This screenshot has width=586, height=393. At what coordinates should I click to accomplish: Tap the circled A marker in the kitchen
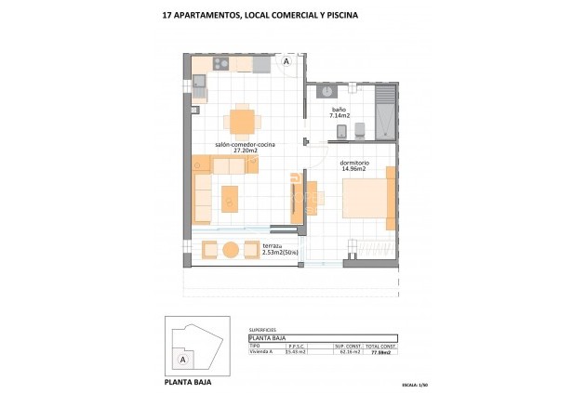tap(286, 62)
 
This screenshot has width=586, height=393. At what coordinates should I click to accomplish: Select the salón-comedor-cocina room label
tap(245, 144)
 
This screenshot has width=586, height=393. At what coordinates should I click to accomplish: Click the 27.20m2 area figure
tap(244, 151)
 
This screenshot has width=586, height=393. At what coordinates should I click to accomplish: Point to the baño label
tap(340, 109)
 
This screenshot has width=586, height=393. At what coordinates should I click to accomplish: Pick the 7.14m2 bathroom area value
tap(340, 116)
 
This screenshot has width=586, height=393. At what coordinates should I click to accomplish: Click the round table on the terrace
tap(231, 249)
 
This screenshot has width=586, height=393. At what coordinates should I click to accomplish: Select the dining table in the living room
tap(241, 122)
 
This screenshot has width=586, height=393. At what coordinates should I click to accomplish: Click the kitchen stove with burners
tap(221, 64)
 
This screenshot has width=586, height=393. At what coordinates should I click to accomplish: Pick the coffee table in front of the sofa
tap(229, 198)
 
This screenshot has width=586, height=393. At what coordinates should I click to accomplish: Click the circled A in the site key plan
tap(183, 359)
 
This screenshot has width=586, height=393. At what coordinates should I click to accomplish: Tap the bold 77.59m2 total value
tap(379, 353)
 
